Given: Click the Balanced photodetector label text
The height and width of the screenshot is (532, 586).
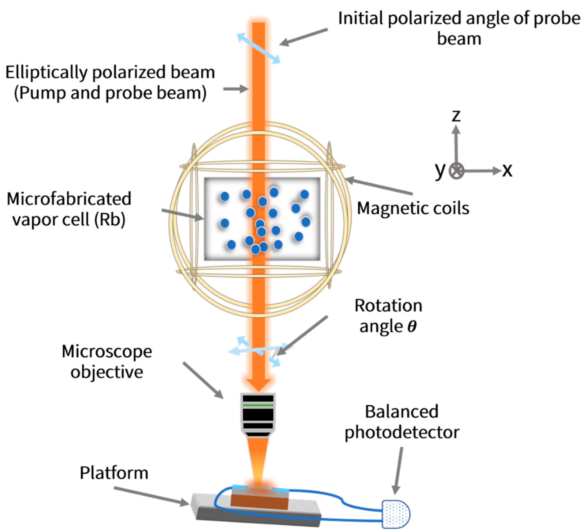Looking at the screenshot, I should click(x=402, y=422).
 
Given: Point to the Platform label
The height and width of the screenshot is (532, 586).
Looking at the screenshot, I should click(x=114, y=473).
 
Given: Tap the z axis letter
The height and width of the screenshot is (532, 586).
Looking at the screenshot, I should click(x=456, y=115).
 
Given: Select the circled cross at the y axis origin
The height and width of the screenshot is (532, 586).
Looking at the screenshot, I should click(x=456, y=171).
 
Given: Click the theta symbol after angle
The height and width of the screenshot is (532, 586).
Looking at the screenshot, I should click(x=412, y=326).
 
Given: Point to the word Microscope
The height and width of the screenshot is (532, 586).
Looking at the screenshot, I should click(x=107, y=351).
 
